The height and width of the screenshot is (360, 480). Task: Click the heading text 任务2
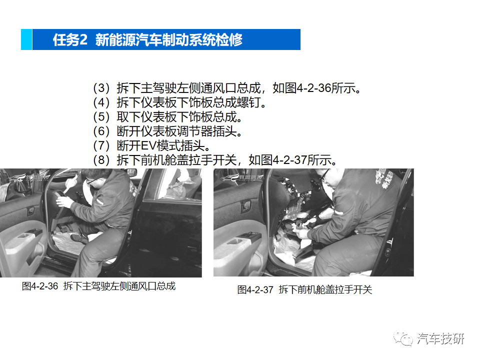pyautogui.click(x=70, y=40)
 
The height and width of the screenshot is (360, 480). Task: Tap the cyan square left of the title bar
pyautogui.click(x=26, y=39)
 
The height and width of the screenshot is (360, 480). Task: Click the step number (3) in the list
pyautogui.click(x=101, y=88)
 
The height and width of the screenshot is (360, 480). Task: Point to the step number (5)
pyautogui.click(x=101, y=117)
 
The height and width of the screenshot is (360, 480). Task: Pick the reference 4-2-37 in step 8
pyautogui.click(x=290, y=161)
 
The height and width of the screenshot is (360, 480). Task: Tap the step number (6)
pyautogui.click(x=101, y=132)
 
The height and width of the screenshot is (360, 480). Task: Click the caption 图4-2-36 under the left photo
pyautogui.click(x=40, y=286)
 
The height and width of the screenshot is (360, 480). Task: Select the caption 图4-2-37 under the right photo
pyautogui.click(x=255, y=290)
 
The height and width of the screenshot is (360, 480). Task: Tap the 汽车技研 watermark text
pyautogui.click(x=440, y=338)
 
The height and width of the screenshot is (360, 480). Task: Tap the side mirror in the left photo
pyautogui.click(x=131, y=172)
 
